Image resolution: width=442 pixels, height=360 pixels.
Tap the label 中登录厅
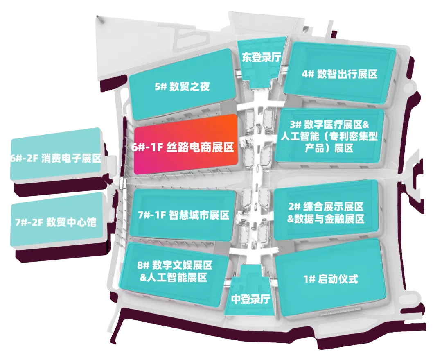coord(250,299)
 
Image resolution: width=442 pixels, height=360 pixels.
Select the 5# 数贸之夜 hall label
coord(182,87)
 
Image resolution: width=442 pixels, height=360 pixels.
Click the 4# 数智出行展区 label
coord(339,74)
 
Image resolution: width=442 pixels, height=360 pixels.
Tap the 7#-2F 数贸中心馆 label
coord(56,222)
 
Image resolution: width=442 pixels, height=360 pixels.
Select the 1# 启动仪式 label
coord(331,279)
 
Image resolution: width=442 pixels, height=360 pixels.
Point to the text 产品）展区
coord(329,149)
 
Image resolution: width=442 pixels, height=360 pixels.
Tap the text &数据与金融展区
coord(326,219)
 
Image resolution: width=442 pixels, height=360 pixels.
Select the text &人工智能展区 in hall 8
coord(173,278)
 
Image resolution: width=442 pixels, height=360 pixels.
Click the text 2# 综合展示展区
coord(326,207)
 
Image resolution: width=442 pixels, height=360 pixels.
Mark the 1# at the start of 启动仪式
coord(309,279)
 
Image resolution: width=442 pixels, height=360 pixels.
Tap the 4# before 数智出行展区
coord(307,74)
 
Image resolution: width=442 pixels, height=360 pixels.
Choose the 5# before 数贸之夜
coord(160,87)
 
